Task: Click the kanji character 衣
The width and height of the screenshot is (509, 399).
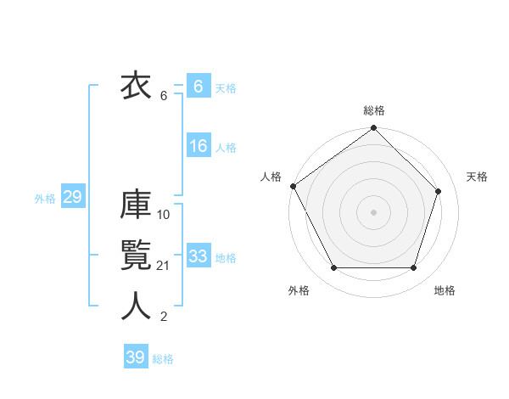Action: [x=136, y=87]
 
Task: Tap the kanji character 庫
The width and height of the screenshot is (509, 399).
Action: [x=136, y=206]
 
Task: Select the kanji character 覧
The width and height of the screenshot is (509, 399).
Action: [x=136, y=256]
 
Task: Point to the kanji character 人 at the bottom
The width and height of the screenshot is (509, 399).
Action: [x=136, y=306]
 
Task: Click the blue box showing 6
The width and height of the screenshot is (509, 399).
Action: [x=198, y=87]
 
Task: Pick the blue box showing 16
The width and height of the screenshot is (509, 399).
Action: [x=198, y=146]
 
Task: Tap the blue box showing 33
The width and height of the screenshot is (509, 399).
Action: [x=198, y=256]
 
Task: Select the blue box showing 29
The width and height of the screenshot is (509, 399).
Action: [x=72, y=198]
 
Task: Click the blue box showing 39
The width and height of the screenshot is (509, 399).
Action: [x=135, y=357]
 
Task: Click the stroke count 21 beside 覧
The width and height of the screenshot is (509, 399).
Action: [x=164, y=266]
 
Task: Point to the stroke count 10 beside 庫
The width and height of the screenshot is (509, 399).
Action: [x=164, y=215]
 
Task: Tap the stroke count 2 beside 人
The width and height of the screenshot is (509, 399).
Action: [x=164, y=317]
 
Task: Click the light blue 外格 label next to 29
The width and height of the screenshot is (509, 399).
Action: [x=45, y=199]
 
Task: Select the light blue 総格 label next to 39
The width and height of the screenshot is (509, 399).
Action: [x=163, y=359]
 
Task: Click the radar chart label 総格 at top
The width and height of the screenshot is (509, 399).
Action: [x=374, y=110]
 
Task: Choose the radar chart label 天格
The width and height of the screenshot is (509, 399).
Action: [x=477, y=177]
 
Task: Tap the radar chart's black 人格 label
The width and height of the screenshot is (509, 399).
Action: [x=271, y=177]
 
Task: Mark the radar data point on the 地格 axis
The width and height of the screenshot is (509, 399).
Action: [x=413, y=268]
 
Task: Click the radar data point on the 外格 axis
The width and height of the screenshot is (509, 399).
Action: [x=333, y=268]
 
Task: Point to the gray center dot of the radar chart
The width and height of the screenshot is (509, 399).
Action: [x=373, y=211]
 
